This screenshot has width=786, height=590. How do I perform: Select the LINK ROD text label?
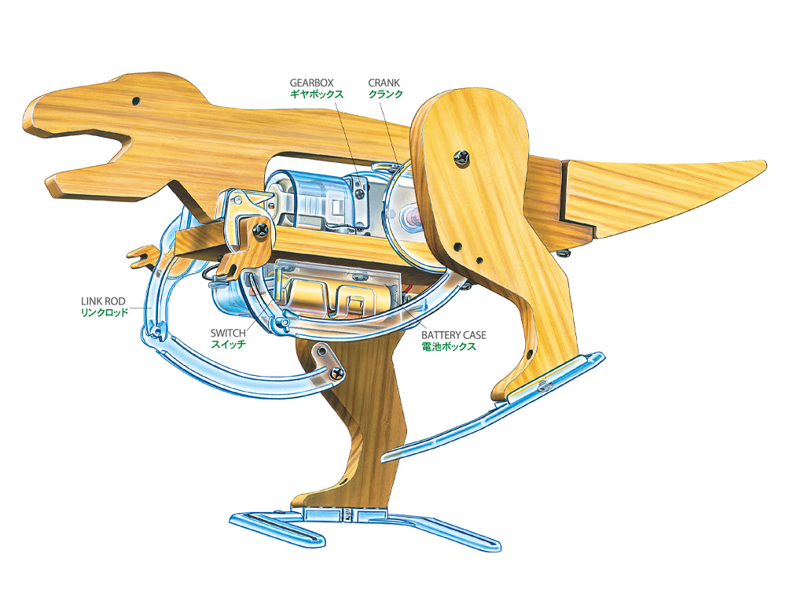tap(104, 301)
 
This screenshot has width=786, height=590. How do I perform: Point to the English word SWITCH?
tap(228, 333)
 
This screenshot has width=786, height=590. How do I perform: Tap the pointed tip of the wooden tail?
tap(760, 164)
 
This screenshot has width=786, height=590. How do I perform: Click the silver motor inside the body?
tap(310, 201)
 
